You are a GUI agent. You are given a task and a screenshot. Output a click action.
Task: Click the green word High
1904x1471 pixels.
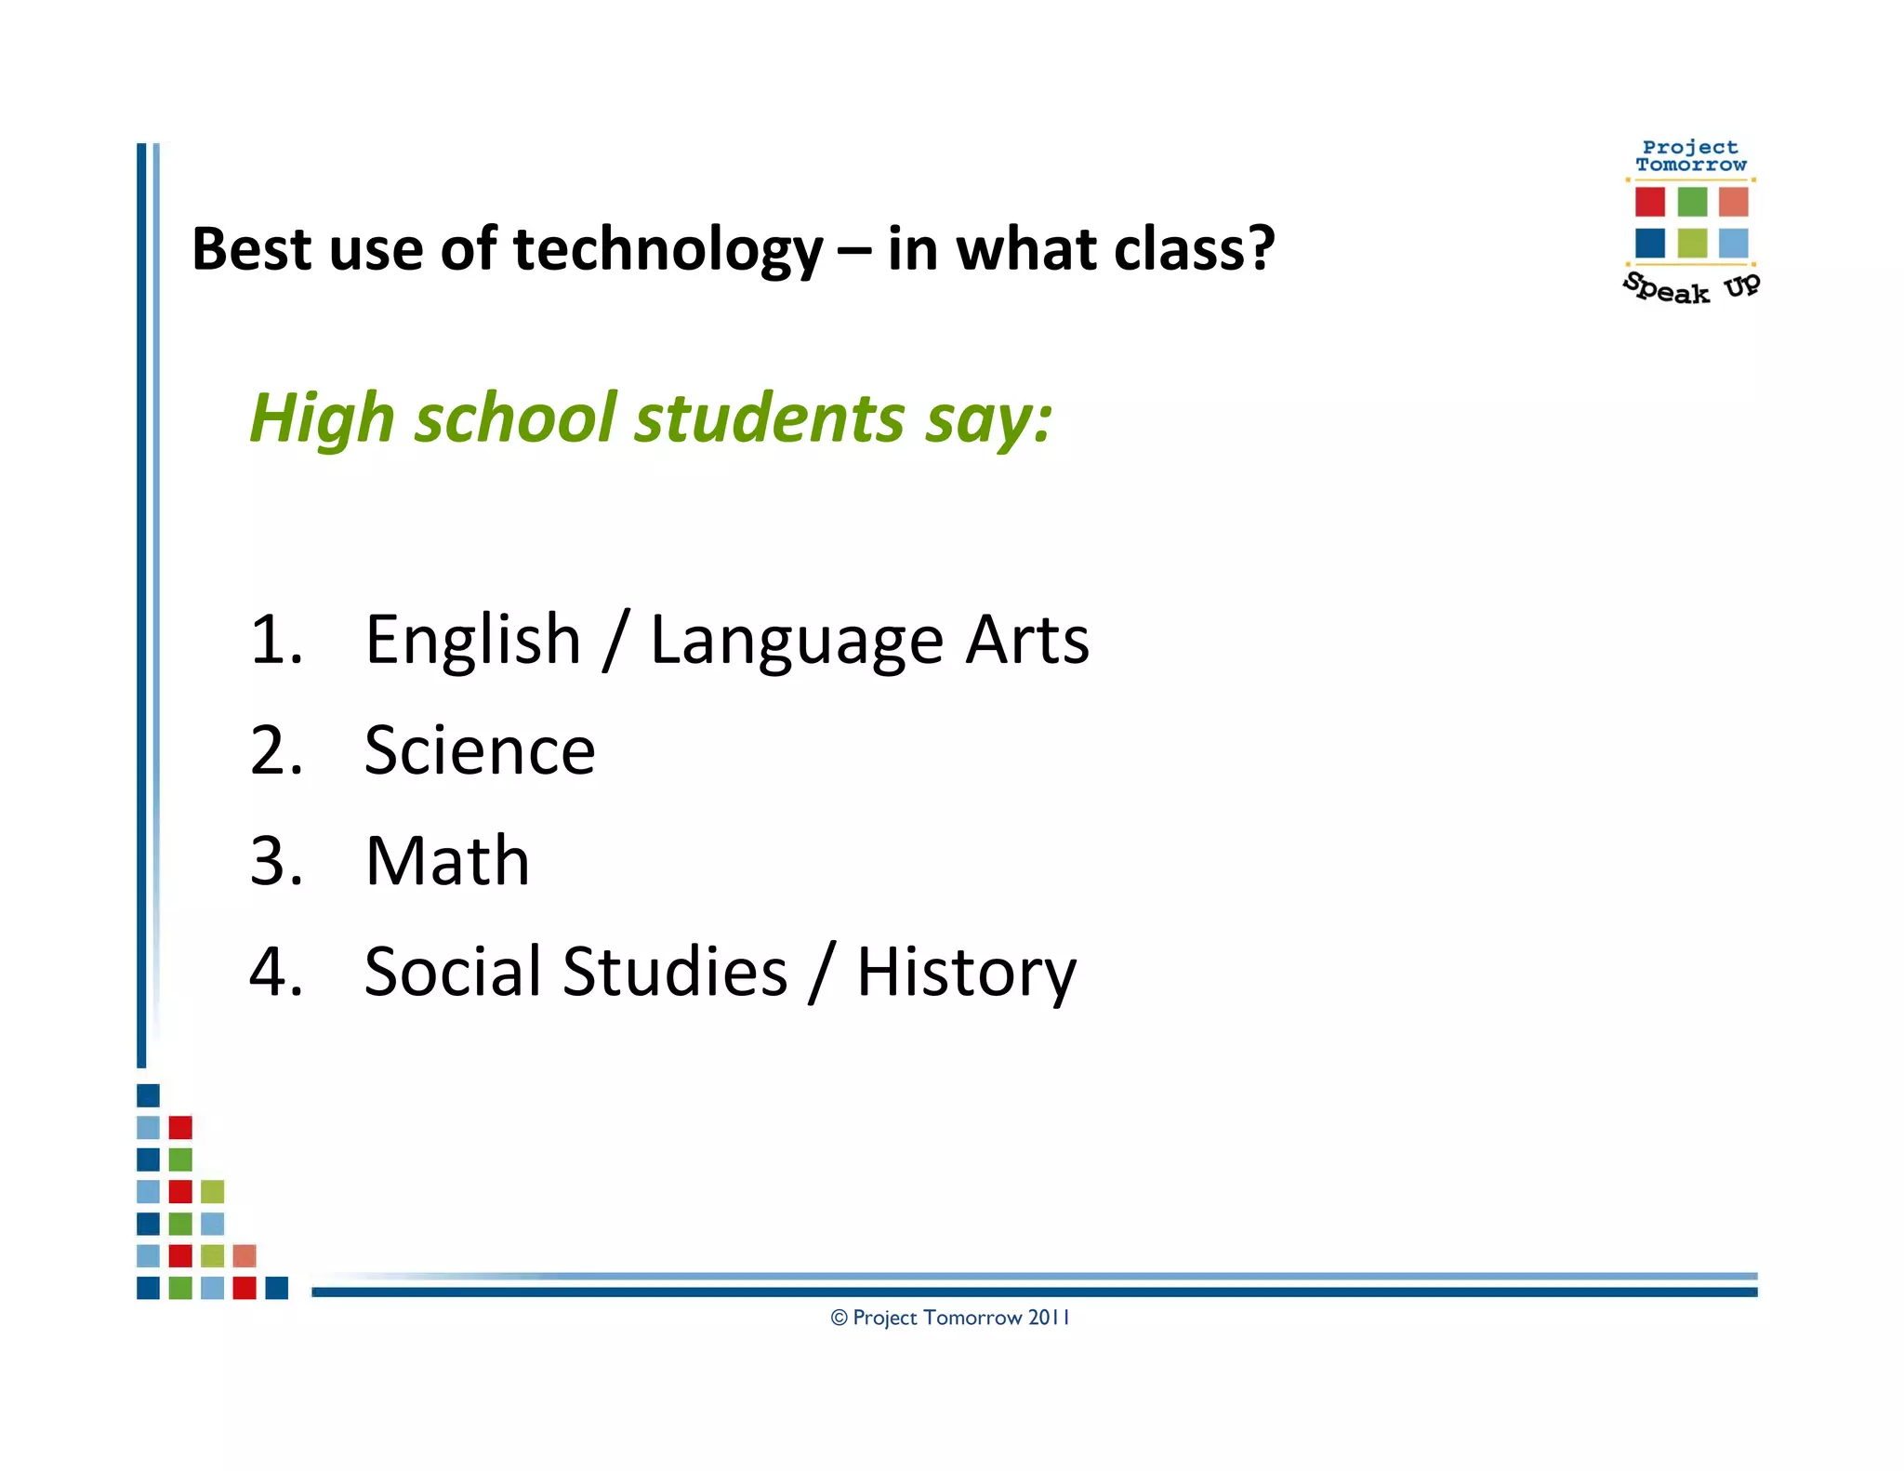pos(322,418)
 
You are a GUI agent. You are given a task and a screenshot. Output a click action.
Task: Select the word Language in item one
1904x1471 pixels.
pos(797,642)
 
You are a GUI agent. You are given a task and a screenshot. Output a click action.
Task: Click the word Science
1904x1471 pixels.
pos(479,750)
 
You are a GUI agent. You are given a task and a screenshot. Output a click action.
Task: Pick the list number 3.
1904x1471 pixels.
pos(275,861)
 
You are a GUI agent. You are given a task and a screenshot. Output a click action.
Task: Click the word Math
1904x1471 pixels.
pos(447,861)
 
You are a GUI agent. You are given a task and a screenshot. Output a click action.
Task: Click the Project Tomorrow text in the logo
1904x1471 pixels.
pos(1690,155)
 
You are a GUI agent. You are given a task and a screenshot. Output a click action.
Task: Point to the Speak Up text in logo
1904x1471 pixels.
pos(1690,288)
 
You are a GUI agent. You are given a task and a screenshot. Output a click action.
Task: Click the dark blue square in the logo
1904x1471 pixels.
pos(1649,243)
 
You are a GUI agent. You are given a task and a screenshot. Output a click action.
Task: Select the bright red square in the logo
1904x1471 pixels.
pos(1649,201)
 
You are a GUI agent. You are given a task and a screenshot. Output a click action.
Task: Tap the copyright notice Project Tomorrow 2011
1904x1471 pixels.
pos(950,1318)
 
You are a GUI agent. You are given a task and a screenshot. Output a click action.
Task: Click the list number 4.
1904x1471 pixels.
pos(275,972)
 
